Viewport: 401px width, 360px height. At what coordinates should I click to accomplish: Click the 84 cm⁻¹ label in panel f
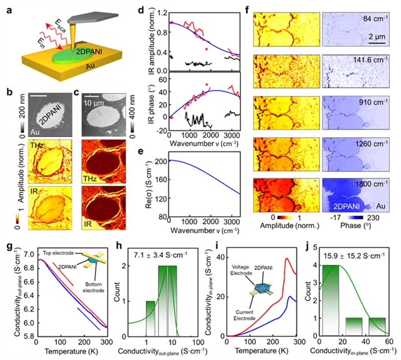pyautogui.click(x=375, y=19)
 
